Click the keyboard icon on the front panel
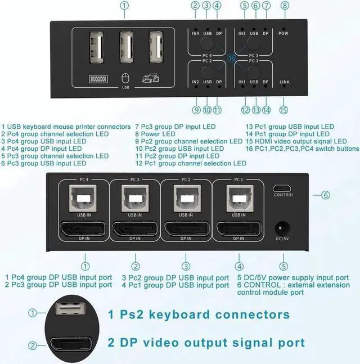click(x=98, y=79)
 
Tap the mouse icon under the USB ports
click(x=125, y=78)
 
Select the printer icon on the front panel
click(x=151, y=78)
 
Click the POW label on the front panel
click(x=283, y=33)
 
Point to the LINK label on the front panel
click(x=284, y=82)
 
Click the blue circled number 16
click(x=232, y=58)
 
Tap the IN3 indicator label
click(x=242, y=33)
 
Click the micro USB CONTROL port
click(x=282, y=188)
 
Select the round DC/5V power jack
click(x=282, y=228)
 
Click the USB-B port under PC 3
click(x=135, y=198)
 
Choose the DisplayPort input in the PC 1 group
click(x=238, y=228)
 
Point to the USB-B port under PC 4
click(x=83, y=198)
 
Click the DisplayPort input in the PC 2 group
click(x=187, y=228)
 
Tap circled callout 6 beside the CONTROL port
click(x=326, y=195)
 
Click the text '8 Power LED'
click(x=155, y=134)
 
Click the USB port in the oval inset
click(x=70, y=308)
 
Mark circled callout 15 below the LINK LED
click(x=283, y=110)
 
